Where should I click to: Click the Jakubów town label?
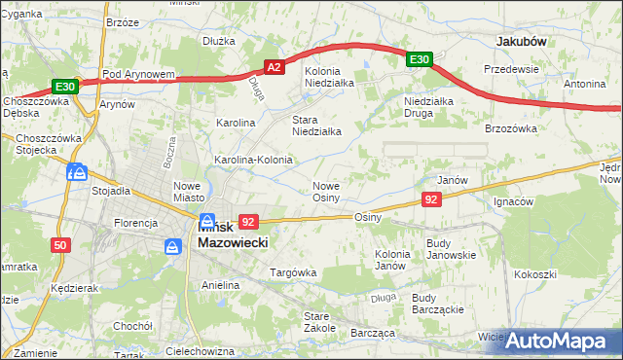[521, 42]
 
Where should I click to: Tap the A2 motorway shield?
[275, 67]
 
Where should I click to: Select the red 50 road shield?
[60, 245]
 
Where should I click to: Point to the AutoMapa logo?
[558, 342]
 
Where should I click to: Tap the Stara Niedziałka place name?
[316, 126]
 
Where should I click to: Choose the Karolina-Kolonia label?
[253, 159]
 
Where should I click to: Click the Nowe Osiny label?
[325, 192]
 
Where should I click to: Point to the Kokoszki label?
[536, 273]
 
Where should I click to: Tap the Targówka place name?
[293, 272]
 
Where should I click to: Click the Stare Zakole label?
[319, 322]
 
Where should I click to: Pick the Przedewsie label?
[512, 70]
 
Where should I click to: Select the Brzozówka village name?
[511, 128]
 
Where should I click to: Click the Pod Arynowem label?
[137, 74]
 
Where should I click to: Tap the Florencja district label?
[135, 223]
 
